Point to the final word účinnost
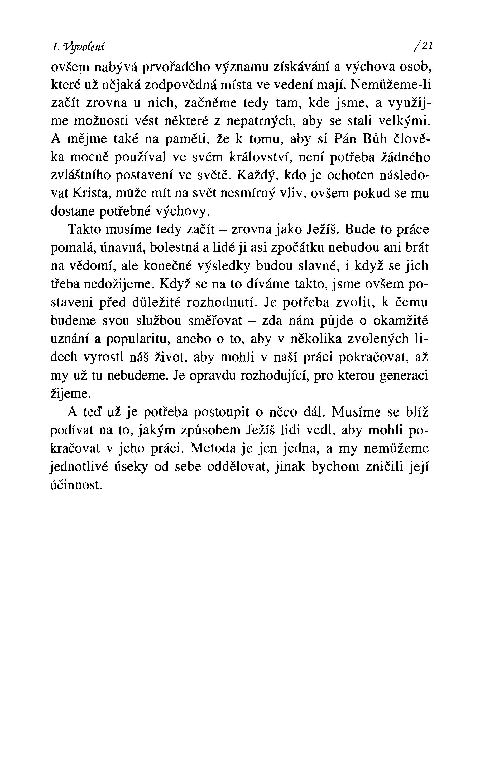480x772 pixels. coord(76,485)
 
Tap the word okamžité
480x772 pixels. coord(400,321)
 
